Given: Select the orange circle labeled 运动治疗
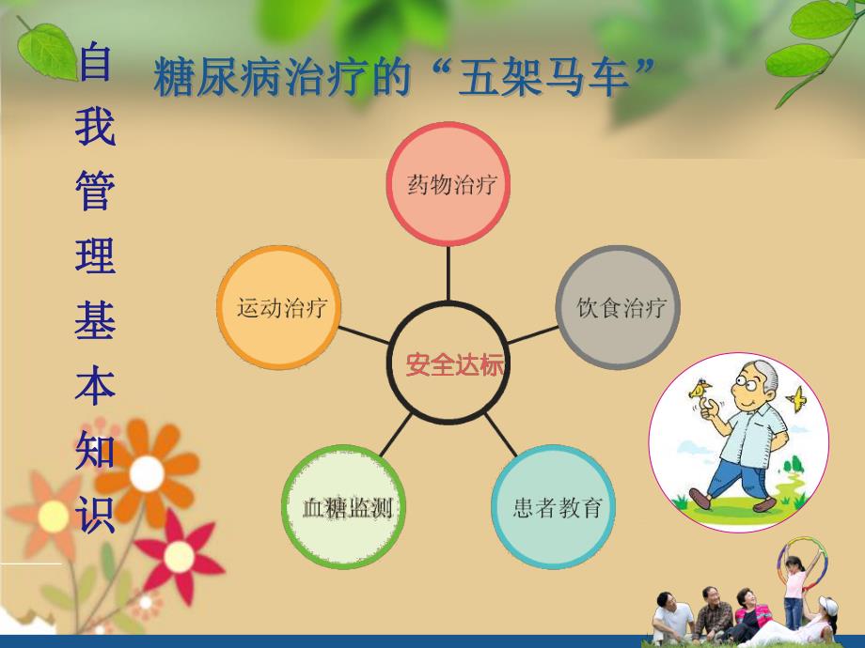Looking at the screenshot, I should [279, 308].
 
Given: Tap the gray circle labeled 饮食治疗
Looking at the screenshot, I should [621, 307].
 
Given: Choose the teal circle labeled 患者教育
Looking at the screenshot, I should [557, 509].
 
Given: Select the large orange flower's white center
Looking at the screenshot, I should [147, 472].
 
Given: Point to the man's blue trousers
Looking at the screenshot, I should [737, 475].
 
